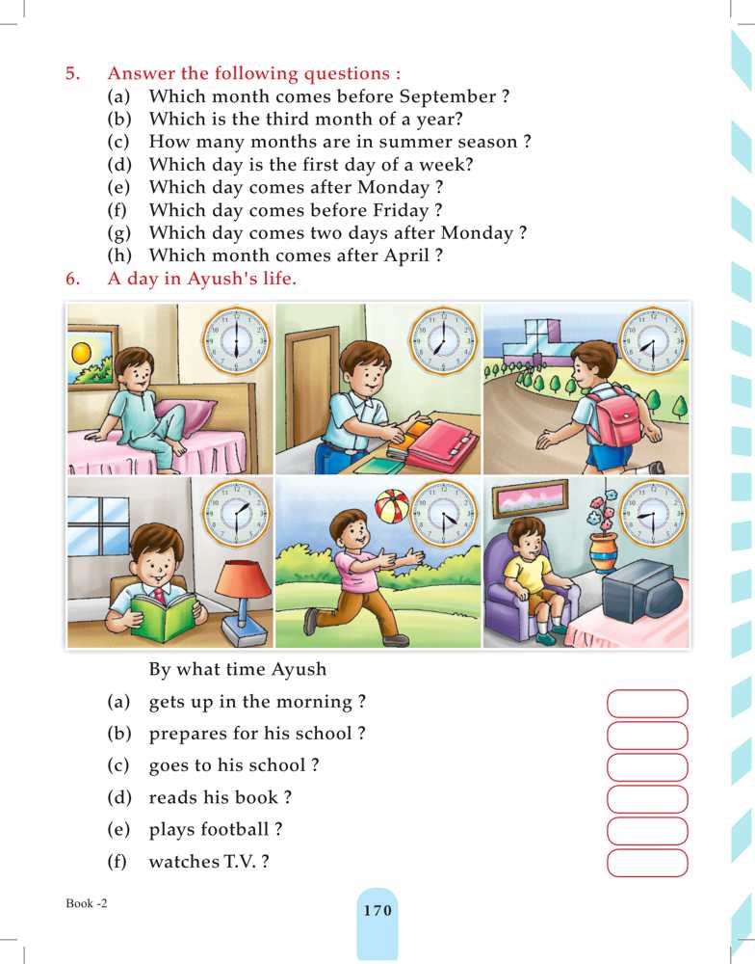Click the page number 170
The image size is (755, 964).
[377, 910]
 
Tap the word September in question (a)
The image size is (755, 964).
[448, 96]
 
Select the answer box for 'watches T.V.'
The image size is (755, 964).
[647, 863]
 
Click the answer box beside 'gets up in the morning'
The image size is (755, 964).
[647, 704]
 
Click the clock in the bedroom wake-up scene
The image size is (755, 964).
[236, 340]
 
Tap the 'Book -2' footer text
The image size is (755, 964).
[87, 903]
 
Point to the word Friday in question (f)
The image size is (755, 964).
[401, 210]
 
